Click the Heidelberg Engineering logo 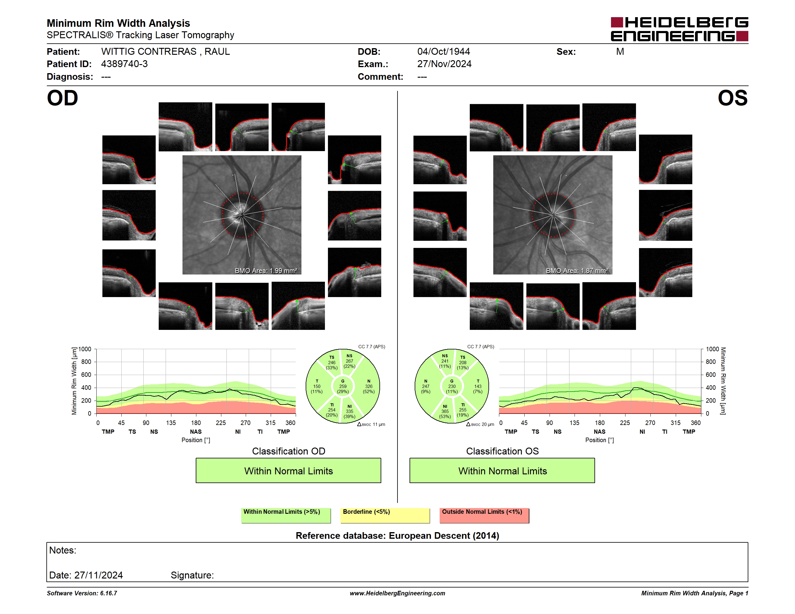tap(679, 29)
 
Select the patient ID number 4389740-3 tap(124, 64)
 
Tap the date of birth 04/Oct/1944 tap(443, 52)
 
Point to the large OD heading tap(62, 98)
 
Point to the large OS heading tap(732, 98)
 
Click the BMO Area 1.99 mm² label tap(266, 271)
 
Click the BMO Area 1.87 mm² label tap(577, 271)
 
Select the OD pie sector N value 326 tap(369, 386)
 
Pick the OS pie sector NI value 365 tap(445, 411)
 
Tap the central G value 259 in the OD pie tap(343, 386)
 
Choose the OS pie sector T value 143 tap(478, 386)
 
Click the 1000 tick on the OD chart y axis tap(85, 349)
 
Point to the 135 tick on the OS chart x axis tap(574, 423)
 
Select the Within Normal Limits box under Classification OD tap(288, 471)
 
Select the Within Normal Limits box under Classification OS tap(502, 471)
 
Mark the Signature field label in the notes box tap(192, 575)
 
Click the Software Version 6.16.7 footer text tap(82, 593)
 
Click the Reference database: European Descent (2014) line tap(397, 536)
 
